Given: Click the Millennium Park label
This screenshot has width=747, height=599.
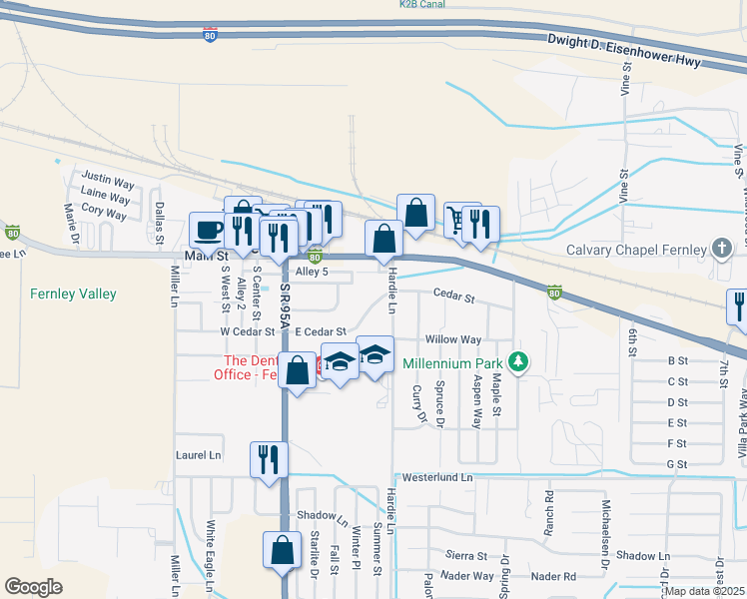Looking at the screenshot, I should pos(450,361).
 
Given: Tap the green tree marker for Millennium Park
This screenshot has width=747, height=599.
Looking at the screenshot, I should pos(517,361).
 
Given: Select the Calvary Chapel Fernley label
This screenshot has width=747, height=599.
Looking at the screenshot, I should pos(635,251).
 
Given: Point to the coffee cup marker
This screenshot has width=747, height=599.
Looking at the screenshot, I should pos(209,230).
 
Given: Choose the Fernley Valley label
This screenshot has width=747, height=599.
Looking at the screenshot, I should pos(73,294).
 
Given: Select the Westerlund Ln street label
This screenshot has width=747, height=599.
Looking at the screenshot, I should pos(436,478).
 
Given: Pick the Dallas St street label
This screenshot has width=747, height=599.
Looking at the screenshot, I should pos(159,222).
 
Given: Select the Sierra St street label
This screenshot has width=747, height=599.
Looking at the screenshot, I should pos(466,555).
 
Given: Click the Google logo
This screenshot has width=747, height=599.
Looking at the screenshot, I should pos(34,587).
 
